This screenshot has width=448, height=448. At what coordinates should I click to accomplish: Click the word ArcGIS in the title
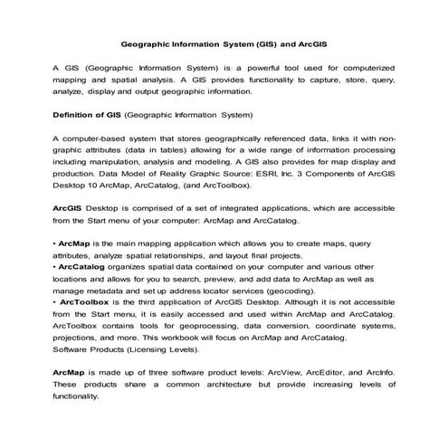coord(310,43)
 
